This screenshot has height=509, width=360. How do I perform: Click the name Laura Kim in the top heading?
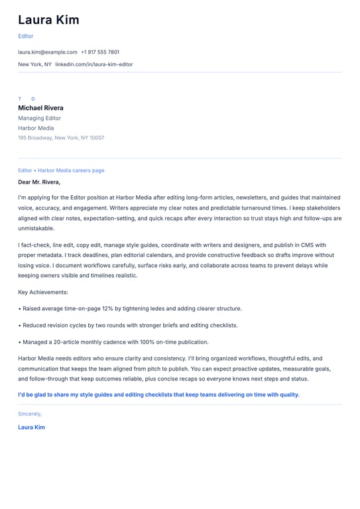[48, 20]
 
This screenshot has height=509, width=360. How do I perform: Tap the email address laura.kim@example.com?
[48, 52]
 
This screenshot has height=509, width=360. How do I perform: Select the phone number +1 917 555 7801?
[100, 52]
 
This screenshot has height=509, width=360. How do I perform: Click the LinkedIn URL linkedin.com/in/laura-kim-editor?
[94, 64]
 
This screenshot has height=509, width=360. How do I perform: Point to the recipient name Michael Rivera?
[40, 107]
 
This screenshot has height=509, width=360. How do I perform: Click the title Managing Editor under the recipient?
[39, 118]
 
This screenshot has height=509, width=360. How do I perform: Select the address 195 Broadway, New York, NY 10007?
[61, 138]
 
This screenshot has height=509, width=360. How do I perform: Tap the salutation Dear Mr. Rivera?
[39, 182]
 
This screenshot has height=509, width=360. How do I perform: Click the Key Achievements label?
[43, 292]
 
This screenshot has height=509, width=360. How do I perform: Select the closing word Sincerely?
[30, 414]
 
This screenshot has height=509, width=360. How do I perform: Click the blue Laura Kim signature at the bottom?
[31, 427]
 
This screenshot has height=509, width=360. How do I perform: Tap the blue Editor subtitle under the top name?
[25, 36]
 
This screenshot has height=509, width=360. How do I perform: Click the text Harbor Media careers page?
[71, 170]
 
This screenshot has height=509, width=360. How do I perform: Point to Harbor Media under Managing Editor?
[36, 128]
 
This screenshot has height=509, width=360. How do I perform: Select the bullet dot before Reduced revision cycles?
[19, 325]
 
